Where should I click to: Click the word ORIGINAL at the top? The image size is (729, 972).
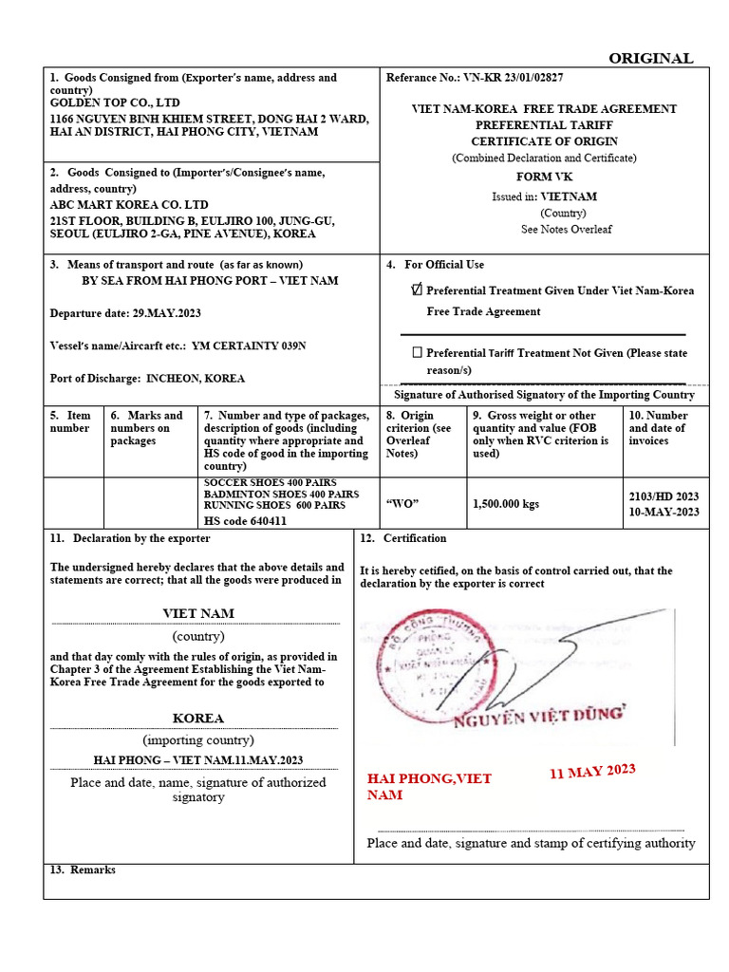tap(650, 58)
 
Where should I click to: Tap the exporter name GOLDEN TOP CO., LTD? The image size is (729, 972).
tap(114, 103)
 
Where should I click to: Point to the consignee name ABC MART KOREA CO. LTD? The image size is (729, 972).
tap(128, 204)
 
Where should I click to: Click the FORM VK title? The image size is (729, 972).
tap(544, 177)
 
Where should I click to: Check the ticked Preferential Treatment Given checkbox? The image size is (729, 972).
tap(417, 290)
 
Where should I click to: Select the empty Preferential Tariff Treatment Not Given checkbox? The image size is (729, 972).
tap(417, 352)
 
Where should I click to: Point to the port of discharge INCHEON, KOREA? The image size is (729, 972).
tap(195, 378)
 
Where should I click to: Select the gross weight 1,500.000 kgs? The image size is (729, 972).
tap(505, 504)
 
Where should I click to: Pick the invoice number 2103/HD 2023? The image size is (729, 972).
tap(664, 495)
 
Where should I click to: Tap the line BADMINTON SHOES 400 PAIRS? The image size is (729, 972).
tap(281, 494)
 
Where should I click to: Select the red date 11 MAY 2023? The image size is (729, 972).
tap(592, 771)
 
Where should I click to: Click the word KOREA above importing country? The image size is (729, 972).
tap(197, 719)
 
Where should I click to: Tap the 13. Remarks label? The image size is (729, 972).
tap(82, 869)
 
